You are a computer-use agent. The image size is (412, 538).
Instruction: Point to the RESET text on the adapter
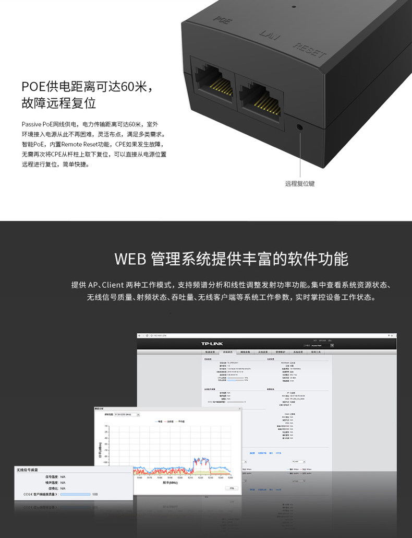(310, 51)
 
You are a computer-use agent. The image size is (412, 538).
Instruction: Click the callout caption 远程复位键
(300, 184)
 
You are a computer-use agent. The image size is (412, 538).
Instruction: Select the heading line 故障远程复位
(58, 103)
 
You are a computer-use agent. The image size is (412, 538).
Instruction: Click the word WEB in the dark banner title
(129, 259)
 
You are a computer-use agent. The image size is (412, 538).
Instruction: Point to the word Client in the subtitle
(113, 285)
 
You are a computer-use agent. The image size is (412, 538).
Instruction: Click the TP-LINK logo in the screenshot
(212, 344)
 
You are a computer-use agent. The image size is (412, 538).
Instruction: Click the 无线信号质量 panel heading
(30, 470)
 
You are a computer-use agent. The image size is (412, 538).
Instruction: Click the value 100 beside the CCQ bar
(95, 494)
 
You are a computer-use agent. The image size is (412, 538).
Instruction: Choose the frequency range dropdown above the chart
(130, 415)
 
